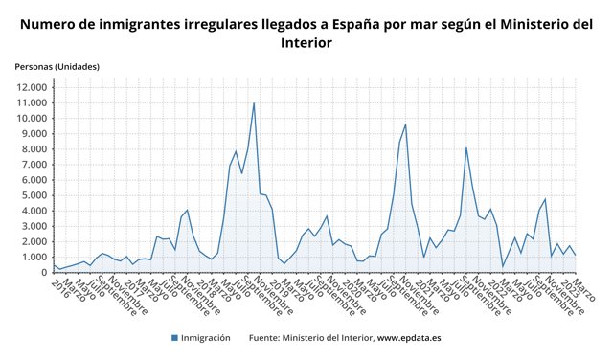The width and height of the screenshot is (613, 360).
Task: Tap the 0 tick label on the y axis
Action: tap(44, 273)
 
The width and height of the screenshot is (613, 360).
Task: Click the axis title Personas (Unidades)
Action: tap(57, 66)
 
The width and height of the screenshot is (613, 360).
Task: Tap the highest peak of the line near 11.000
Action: tap(254, 102)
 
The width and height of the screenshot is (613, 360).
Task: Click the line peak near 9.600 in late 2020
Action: tap(406, 124)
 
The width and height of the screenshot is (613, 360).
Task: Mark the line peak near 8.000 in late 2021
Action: tap(466, 147)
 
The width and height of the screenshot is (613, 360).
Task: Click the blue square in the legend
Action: tap(175, 337)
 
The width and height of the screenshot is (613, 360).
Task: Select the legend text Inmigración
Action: tap(207, 337)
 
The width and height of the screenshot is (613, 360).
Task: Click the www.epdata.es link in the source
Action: tap(408, 337)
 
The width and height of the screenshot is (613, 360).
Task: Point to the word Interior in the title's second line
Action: tap(306, 43)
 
